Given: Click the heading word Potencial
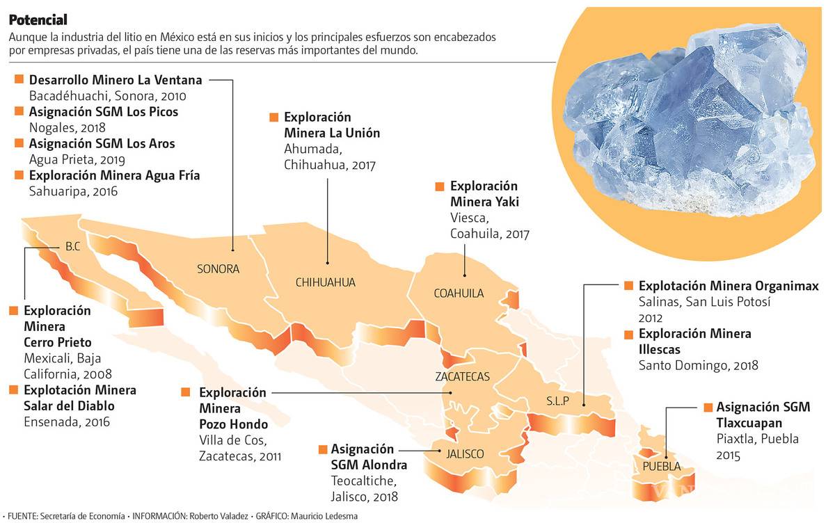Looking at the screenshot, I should pyautogui.click(x=38, y=20).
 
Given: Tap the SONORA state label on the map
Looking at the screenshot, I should pyautogui.click(x=218, y=269).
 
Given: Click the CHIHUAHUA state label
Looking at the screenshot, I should pyautogui.click(x=325, y=282).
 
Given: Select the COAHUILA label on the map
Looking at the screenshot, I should pyautogui.click(x=458, y=293).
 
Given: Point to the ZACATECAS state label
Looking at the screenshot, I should pyautogui.click(x=462, y=377).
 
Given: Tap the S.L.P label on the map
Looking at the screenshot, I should pyautogui.click(x=557, y=401).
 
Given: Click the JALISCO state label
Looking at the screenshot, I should pyautogui.click(x=464, y=454).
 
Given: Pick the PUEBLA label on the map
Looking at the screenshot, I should pyautogui.click(x=662, y=467).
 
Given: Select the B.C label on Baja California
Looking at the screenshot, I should pyautogui.click(x=72, y=246).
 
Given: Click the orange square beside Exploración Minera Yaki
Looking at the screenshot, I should pyautogui.click(x=439, y=187).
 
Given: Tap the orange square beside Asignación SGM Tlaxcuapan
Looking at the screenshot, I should pyautogui.click(x=708, y=408).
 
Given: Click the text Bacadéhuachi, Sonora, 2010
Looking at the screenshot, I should pyautogui.click(x=108, y=96).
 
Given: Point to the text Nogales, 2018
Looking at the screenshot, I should pyautogui.click(x=66, y=128).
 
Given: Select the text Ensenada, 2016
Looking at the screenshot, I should pyautogui.click(x=67, y=421).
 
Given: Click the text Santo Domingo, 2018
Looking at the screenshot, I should pyautogui.click(x=698, y=365).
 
